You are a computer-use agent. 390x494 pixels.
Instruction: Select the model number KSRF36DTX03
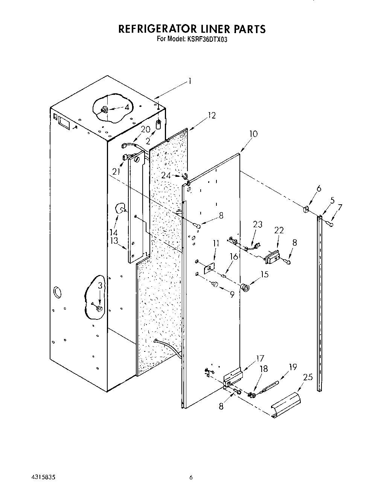[206, 39]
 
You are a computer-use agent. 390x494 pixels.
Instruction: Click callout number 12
[212, 116]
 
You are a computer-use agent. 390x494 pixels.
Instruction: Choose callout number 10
[253, 134]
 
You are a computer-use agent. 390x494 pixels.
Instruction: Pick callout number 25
[308, 377]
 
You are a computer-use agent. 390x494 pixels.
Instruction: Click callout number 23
[257, 224]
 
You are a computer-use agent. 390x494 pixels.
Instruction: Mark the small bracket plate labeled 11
[209, 269]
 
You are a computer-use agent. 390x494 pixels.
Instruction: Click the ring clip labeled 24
[185, 176]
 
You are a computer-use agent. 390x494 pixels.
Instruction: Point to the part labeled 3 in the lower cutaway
[99, 309]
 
